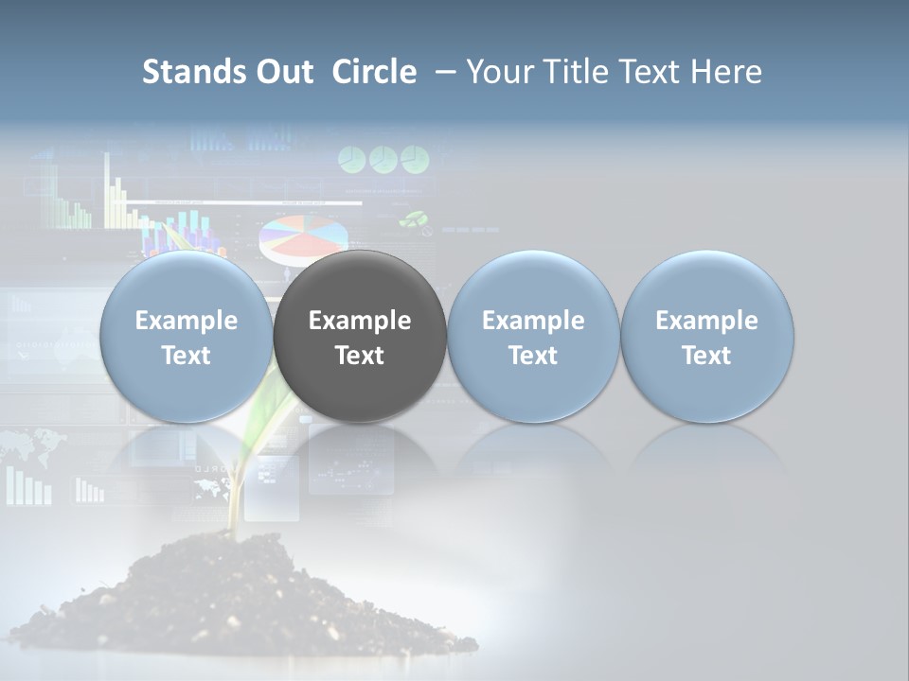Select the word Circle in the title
click(x=374, y=72)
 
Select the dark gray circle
click(x=360, y=337)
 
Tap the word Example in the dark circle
click(x=360, y=321)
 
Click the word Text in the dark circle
click(x=360, y=356)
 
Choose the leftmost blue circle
click(x=186, y=337)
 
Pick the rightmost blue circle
click(x=707, y=337)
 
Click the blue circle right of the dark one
click(x=533, y=337)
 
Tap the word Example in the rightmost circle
click(x=707, y=321)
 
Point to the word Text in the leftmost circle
click(x=186, y=356)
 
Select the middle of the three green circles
click(x=383, y=159)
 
